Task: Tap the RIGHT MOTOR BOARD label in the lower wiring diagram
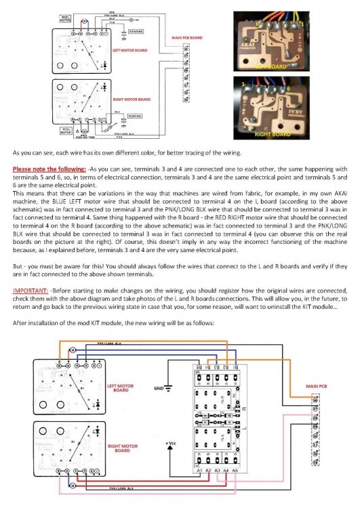point(124,448)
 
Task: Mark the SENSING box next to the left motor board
point(135,30)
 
